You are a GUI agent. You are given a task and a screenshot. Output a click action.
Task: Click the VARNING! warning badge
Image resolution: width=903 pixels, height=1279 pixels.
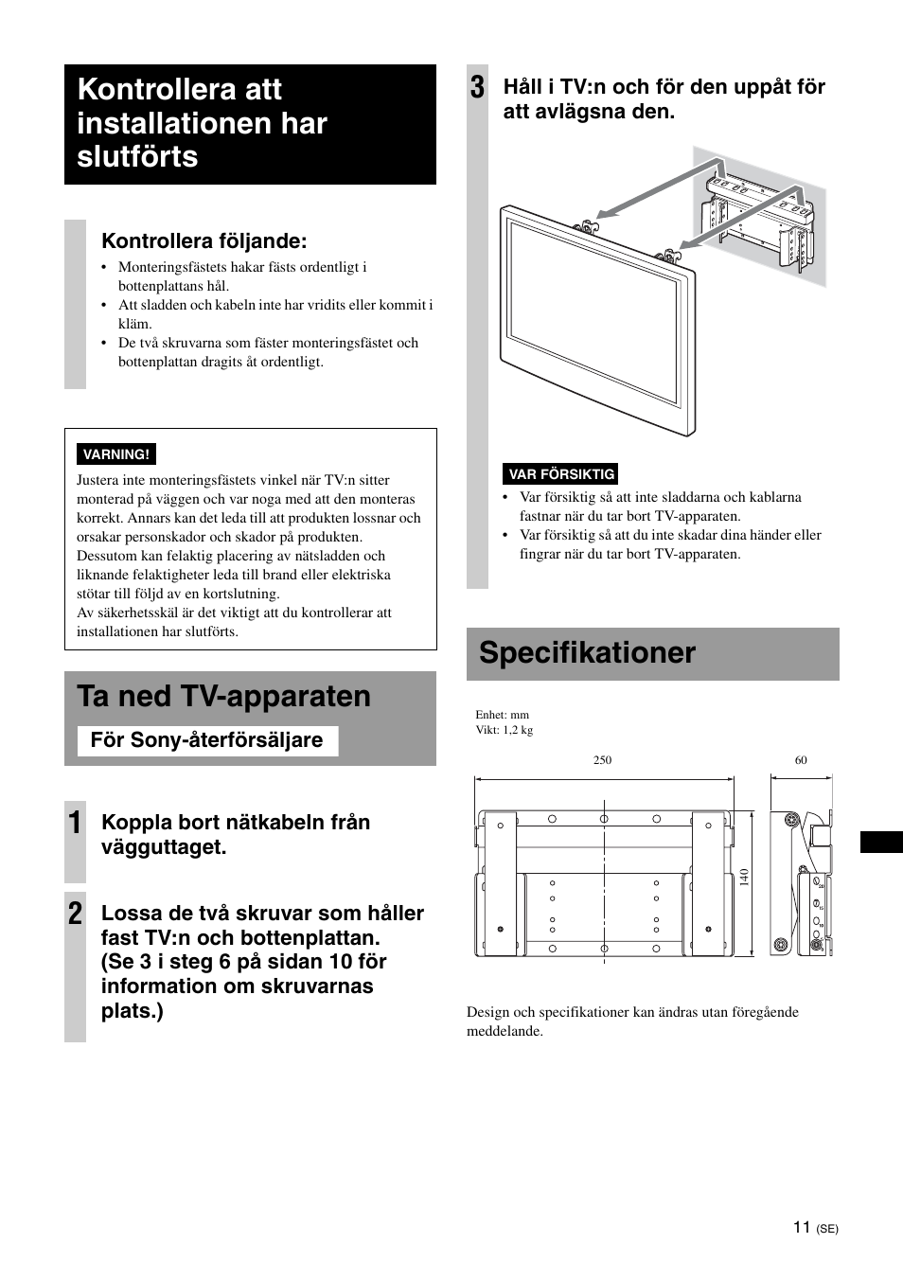116,454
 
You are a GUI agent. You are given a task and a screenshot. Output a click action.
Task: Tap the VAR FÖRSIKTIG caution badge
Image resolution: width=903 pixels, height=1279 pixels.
561,474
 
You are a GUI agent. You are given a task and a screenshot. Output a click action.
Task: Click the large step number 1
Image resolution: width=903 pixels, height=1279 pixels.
75,823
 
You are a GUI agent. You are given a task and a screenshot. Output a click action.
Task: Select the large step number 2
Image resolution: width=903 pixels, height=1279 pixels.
75,914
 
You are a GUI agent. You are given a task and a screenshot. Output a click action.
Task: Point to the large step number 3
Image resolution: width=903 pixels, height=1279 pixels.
477,88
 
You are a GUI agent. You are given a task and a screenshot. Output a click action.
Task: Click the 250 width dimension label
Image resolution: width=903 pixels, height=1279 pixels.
603,760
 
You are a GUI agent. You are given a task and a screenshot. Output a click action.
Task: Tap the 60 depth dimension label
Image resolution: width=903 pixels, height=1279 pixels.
801,760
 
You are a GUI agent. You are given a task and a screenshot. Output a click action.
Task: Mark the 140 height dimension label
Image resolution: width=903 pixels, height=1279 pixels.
745,878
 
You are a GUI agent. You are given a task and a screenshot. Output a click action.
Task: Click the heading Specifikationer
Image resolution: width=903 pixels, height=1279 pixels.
587,653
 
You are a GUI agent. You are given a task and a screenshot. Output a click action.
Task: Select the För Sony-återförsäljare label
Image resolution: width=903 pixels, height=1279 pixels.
206,740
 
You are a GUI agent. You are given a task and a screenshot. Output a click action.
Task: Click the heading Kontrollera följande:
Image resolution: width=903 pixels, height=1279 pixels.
204,241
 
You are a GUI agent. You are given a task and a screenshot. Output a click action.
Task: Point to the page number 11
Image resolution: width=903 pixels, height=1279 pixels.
802,1227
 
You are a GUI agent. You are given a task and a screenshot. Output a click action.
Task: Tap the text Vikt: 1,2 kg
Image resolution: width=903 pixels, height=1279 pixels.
504,731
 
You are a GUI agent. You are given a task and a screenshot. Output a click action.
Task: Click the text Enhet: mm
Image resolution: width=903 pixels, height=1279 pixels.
502,715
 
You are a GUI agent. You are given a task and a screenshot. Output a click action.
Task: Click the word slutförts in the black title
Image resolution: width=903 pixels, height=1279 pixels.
138,157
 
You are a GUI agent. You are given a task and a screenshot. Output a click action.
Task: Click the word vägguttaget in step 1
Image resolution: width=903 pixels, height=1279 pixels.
164,847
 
